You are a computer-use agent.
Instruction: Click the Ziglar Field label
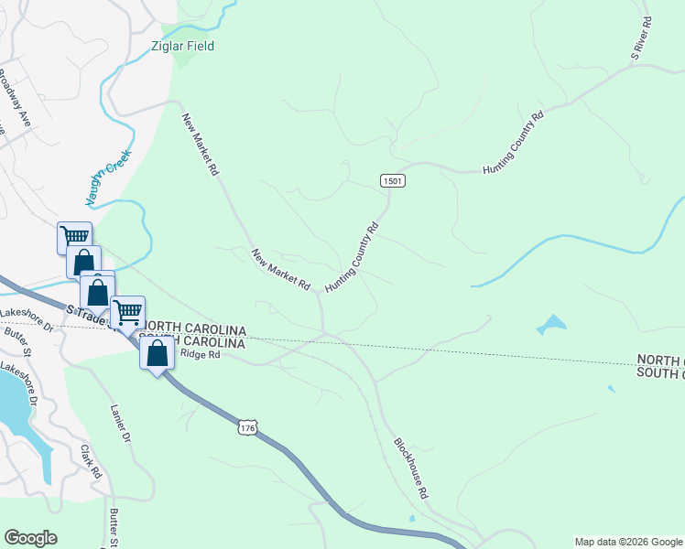coord(183,46)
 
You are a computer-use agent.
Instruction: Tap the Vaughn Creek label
coord(109,177)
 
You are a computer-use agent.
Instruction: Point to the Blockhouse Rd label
coord(411,467)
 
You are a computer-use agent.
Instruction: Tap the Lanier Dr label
coord(116,425)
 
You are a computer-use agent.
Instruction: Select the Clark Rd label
coord(90,462)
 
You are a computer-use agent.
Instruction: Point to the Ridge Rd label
coord(201,355)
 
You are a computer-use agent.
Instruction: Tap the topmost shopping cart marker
coord(74,237)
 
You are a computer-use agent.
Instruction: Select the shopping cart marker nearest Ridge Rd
coord(127,312)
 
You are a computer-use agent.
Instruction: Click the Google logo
coord(30,538)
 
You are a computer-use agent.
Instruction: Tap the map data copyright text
coord(627,542)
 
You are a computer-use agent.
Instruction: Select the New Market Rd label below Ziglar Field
coord(200,144)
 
